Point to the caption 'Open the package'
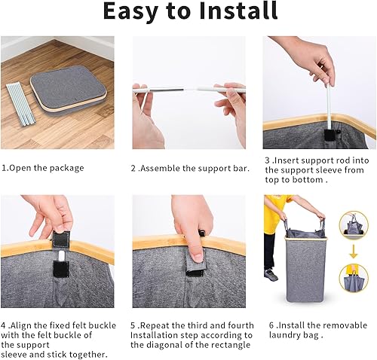coord(46,168)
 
